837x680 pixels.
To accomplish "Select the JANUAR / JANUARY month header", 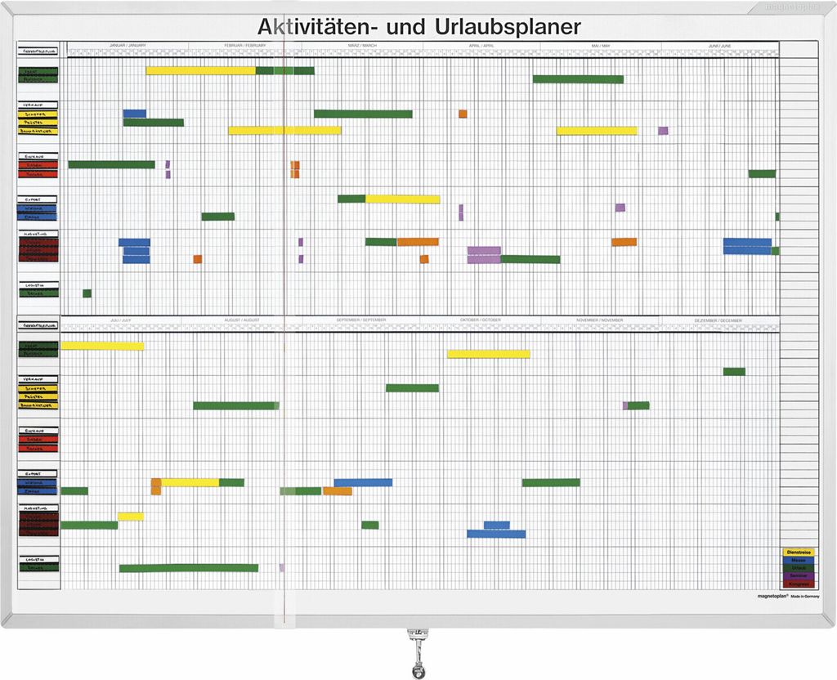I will pos(128,46).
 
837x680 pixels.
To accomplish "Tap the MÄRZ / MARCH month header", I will pos(362,46).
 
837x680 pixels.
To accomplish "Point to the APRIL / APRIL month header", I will pos(481,46).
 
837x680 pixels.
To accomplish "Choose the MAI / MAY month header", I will pos(601,46).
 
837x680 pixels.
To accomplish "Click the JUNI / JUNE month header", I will pos(719,46).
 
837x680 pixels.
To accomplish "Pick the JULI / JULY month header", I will pos(120,320).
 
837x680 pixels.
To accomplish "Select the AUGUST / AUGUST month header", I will pos(241,320).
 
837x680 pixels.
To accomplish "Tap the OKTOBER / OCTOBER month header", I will pos(480,320).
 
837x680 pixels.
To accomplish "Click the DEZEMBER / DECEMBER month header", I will pos(720,320).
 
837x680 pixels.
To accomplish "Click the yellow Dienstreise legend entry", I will pos(798,552).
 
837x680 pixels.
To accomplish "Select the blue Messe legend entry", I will pos(798,561).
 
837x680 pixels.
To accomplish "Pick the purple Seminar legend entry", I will pos(798,576).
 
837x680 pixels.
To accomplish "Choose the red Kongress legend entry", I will pos(798,584).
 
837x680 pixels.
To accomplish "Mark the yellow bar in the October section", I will pos(488,354).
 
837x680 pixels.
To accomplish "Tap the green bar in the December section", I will pos(734,372).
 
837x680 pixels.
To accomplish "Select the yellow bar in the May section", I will pos(597,131).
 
